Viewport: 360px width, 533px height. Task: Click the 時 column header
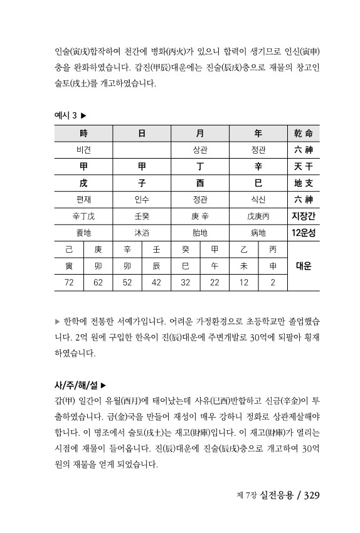tap(83, 134)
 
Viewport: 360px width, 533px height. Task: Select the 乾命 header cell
tap(303, 134)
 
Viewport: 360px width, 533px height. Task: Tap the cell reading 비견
tap(83, 150)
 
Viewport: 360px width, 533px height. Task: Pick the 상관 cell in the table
tap(200, 150)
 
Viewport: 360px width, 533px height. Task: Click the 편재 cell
tap(83, 199)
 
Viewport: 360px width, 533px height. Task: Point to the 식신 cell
tap(258, 199)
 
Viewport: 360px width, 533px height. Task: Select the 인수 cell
tap(142, 199)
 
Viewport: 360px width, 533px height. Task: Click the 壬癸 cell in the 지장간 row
tap(142, 216)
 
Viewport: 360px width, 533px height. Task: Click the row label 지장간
tap(303, 216)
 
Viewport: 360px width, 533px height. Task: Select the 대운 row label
tap(303, 266)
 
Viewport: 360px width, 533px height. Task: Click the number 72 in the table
tap(69, 282)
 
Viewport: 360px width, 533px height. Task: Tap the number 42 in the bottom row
tap(156, 282)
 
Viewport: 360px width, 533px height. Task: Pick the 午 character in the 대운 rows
tap(214, 266)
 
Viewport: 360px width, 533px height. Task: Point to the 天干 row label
tap(303, 166)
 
